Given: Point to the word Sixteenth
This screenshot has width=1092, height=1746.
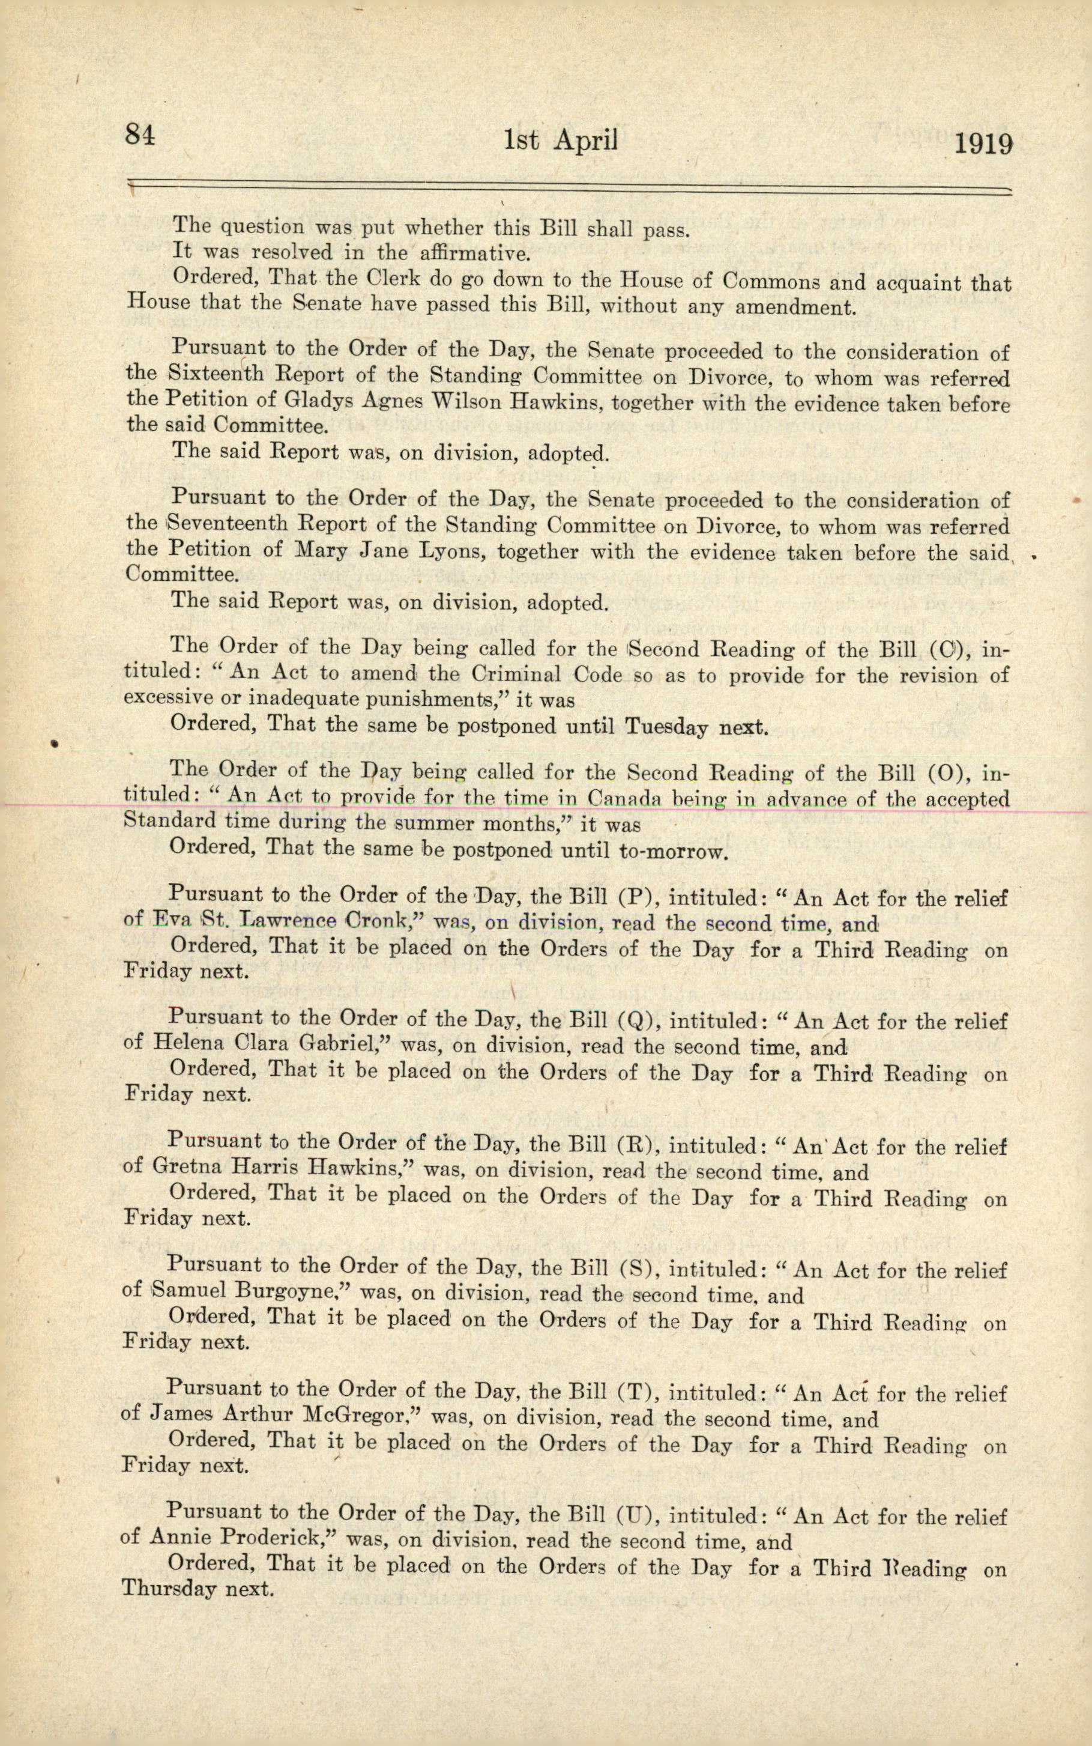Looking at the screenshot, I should click(224, 375).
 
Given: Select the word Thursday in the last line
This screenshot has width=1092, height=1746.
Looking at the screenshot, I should click(169, 1589).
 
